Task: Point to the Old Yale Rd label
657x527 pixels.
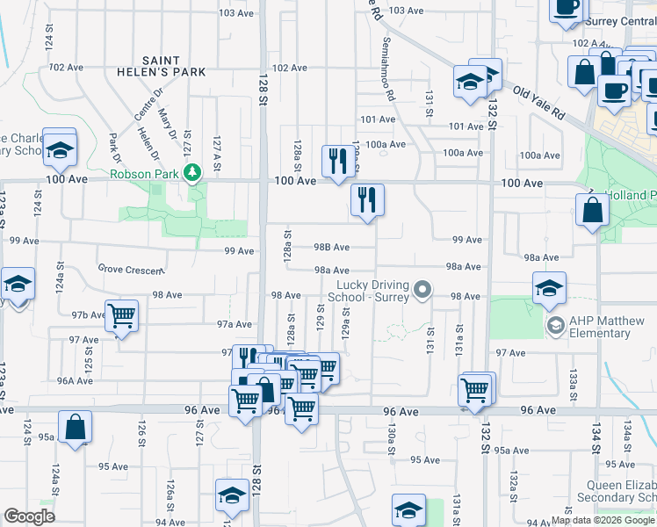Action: (538, 104)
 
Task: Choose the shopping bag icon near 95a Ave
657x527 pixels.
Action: (76, 428)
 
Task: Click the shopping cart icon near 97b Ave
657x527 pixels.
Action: (121, 315)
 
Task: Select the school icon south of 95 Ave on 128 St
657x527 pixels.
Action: (232, 495)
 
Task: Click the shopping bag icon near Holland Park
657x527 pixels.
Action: (593, 210)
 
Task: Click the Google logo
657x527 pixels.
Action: (29, 516)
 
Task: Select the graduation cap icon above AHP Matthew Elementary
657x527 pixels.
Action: (549, 287)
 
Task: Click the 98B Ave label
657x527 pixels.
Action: (332, 248)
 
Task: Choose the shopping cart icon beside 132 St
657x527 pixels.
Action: (475, 388)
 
